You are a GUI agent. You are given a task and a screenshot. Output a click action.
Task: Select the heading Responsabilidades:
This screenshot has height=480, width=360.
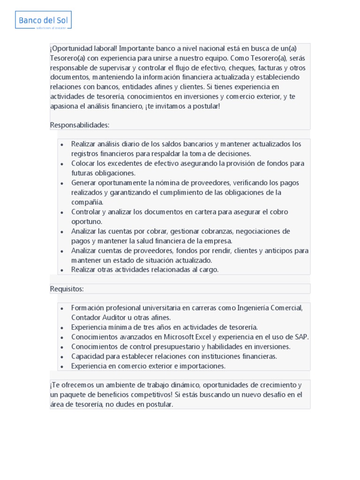80,125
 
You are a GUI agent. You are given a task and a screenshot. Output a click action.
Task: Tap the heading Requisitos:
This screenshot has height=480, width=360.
67,289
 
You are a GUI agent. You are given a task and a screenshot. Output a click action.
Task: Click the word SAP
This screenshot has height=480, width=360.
301,337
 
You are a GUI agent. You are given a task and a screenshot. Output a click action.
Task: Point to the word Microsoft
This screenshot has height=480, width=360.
179,337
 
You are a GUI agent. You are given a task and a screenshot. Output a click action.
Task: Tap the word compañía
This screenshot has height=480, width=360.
87,202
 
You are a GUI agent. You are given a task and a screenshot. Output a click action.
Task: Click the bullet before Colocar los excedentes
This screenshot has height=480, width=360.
62,164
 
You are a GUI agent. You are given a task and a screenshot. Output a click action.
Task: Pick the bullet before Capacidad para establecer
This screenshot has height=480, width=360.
62,356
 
